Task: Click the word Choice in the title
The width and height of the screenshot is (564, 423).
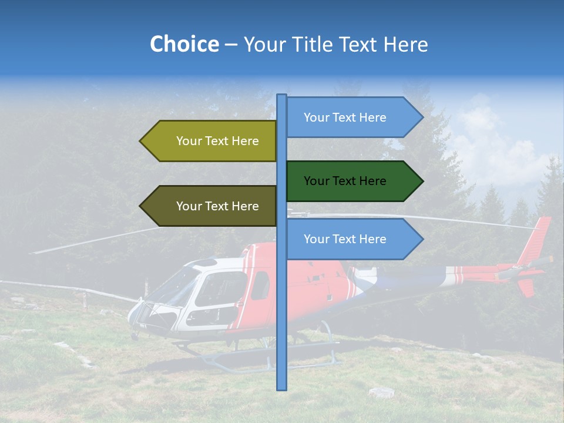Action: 184,44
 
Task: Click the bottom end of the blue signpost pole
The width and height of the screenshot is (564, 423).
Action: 282,387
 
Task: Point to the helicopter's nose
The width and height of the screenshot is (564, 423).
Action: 133,311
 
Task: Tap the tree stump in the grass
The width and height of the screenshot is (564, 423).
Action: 381,392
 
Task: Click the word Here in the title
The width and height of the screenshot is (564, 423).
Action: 405,44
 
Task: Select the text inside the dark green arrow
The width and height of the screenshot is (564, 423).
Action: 345,181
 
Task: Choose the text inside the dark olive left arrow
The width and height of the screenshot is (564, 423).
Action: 217,206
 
